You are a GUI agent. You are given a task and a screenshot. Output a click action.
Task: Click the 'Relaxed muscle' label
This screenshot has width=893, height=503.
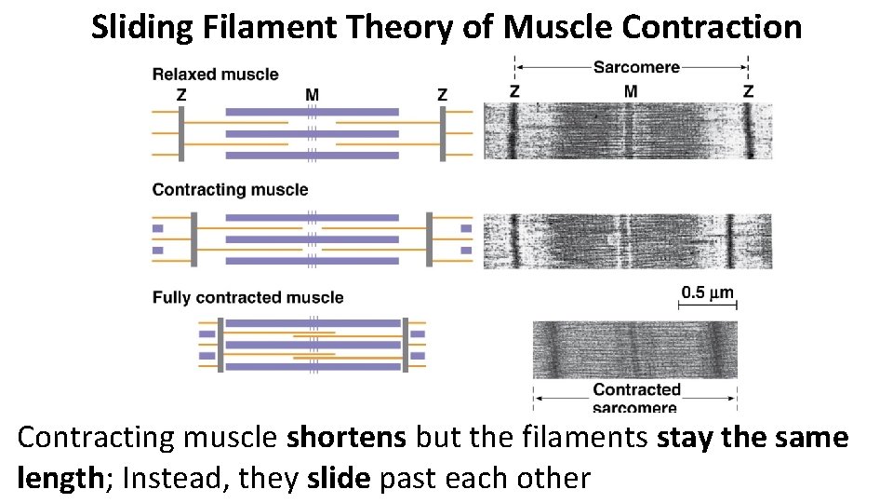tap(215, 75)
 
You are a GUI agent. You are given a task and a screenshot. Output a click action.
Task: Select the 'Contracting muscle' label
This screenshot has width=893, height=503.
tap(230, 190)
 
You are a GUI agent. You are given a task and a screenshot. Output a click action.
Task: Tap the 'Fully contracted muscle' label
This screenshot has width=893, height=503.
tap(247, 298)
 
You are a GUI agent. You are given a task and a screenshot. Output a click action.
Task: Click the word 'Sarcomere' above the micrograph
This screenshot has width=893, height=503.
tap(636, 67)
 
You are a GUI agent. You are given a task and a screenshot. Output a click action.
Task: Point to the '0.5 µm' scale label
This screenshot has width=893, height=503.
tap(707, 293)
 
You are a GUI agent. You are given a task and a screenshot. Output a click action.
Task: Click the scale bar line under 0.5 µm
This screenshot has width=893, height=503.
tap(707, 306)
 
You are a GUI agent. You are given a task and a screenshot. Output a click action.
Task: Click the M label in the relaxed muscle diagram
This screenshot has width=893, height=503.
tap(312, 94)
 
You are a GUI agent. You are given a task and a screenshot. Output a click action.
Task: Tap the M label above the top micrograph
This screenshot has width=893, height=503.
tap(631, 91)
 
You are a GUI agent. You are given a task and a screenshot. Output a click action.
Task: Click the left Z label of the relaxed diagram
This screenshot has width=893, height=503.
tap(181, 94)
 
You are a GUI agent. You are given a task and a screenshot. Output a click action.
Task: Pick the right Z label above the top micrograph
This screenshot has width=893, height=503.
tap(748, 91)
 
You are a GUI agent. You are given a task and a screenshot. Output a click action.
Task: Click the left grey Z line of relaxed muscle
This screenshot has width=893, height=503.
tap(182, 133)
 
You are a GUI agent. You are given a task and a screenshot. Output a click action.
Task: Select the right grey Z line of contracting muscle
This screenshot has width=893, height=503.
tap(430, 238)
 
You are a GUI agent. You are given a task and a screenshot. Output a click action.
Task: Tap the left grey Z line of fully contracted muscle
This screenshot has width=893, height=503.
tap(220, 345)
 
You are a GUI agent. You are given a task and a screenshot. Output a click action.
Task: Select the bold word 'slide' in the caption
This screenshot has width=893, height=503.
tap(339, 479)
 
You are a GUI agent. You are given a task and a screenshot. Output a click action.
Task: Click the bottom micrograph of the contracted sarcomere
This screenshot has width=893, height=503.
tap(634, 349)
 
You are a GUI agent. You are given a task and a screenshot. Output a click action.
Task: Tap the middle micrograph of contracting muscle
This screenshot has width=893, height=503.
tap(627, 241)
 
